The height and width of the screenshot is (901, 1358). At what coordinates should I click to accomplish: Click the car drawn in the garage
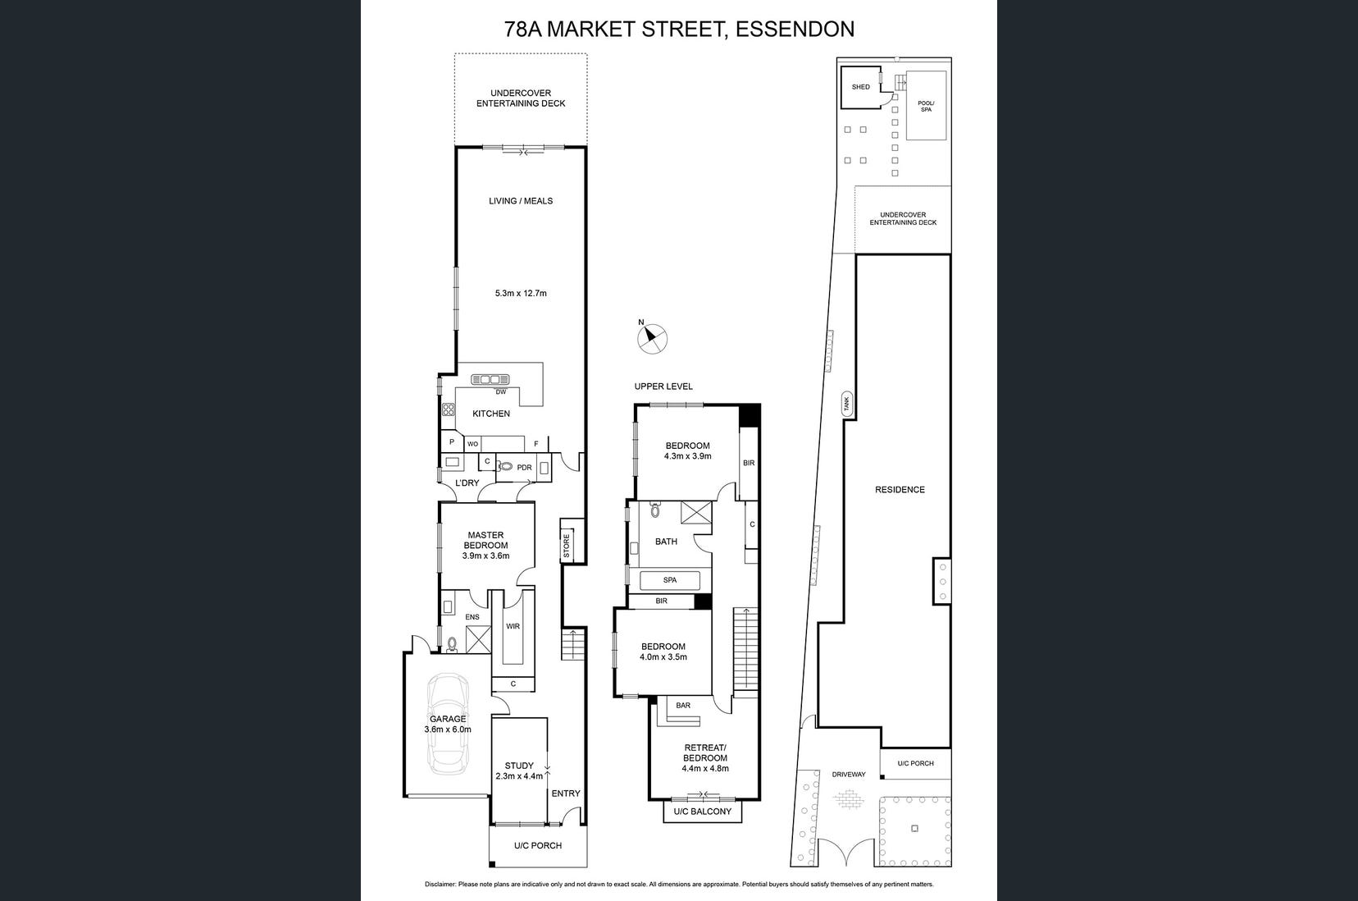448,723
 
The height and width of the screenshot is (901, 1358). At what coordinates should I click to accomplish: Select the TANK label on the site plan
847,404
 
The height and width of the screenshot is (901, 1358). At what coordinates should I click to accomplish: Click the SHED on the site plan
861,87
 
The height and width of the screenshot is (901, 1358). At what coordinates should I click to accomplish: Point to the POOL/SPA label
926,106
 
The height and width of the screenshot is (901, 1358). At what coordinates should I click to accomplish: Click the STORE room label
567,546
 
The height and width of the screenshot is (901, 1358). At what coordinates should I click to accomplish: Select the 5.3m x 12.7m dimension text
521,293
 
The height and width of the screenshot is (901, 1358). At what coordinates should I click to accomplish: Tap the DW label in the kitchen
501,392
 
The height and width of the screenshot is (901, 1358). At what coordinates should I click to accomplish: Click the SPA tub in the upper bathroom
669,580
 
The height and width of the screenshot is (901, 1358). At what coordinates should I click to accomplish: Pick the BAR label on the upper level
683,705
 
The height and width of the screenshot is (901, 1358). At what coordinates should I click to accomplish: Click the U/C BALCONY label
703,812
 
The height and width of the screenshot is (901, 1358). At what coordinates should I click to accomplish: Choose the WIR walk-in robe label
513,626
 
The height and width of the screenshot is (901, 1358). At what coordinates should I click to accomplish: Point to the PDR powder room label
524,467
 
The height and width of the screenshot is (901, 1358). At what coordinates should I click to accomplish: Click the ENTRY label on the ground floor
566,793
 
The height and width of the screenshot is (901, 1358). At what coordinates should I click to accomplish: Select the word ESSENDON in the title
795,29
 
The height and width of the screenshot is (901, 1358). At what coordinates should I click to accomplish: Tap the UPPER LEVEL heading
663,386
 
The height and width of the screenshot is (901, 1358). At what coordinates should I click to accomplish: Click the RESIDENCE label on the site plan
900,490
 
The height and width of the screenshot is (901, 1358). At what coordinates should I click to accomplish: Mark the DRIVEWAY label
849,774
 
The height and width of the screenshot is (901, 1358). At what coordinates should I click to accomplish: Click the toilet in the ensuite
452,644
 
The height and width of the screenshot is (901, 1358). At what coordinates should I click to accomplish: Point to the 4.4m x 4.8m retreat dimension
705,768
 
